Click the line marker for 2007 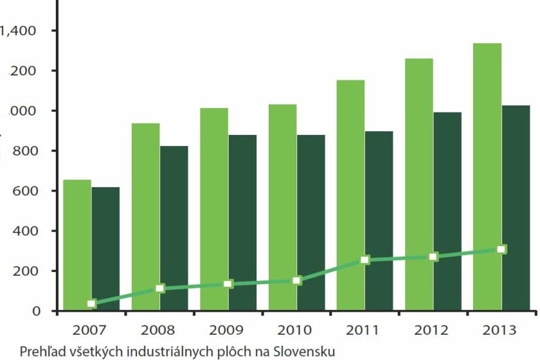(x=91, y=303)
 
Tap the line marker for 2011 (x=365, y=260)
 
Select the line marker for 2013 (x=501, y=249)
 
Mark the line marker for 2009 (x=228, y=283)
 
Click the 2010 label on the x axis (x=294, y=330)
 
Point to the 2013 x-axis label (x=499, y=330)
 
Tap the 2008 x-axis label (x=157, y=330)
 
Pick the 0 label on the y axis (x=36, y=311)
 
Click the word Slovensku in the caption (x=304, y=352)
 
